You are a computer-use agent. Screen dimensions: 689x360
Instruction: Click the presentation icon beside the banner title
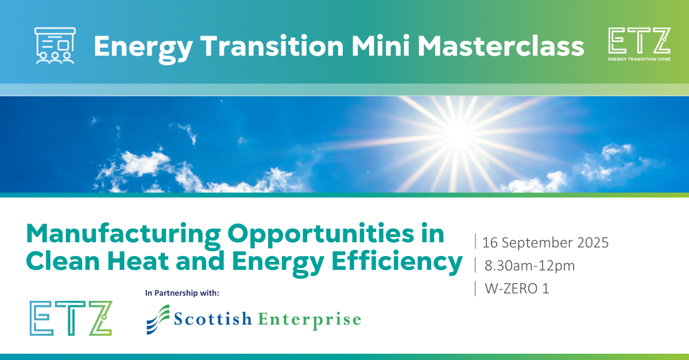[x=55, y=45]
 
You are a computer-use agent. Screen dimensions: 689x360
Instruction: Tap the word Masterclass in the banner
[x=501, y=46]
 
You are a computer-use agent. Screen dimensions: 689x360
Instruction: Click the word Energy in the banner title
[x=144, y=49]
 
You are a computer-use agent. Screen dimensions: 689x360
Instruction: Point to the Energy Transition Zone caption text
[x=639, y=59]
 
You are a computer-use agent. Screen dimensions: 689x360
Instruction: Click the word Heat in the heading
[x=138, y=261]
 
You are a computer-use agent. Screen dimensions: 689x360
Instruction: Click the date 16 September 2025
[x=545, y=242]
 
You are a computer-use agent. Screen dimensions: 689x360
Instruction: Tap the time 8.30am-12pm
[x=529, y=265]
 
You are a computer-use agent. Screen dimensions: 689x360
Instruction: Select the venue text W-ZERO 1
[x=517, y=289]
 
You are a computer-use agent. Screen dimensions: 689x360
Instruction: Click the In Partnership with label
[x=182, y=293]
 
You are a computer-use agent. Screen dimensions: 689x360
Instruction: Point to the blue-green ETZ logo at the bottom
[x=71, y=318]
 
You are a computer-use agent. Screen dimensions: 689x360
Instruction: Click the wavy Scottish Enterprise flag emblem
[x=158, y=319]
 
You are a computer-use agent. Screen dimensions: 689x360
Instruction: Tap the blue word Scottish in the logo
[x=213, y=319]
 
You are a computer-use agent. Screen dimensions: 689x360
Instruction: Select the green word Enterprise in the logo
[x=309, y=320]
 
